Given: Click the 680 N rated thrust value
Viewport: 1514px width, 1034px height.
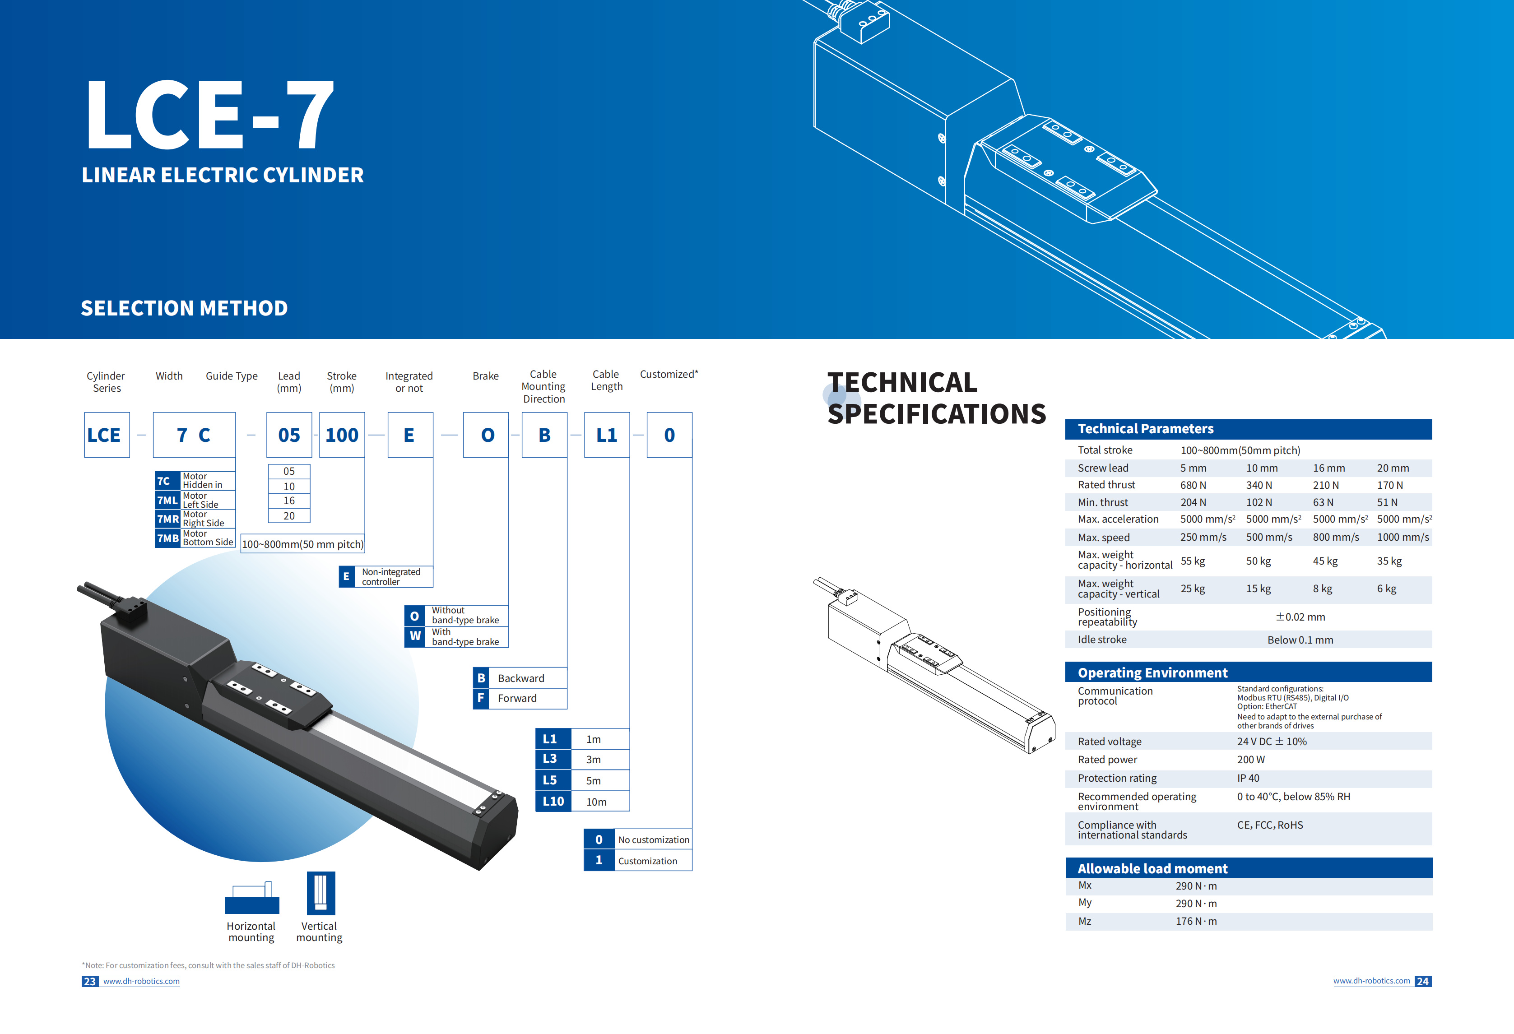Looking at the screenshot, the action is pos(1193,485).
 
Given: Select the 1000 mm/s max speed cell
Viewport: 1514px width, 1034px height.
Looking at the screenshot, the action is pos(1403,538).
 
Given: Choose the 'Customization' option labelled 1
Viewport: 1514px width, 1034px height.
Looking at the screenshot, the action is pos(648,861).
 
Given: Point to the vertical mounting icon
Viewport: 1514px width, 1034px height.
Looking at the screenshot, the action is pos(320,893).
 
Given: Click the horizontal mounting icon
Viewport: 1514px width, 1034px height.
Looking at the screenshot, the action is pos(251,898).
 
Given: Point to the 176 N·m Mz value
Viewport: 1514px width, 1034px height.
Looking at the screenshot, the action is pos(1196,921).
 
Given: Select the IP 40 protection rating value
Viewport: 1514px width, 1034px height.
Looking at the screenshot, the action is pos(1248,779).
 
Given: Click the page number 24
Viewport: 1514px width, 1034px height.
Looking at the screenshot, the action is pos(1423,981).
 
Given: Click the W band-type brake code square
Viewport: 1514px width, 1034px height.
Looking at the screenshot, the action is pos(415,636).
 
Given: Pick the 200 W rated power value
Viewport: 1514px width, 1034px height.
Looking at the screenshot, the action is pos(1251,760).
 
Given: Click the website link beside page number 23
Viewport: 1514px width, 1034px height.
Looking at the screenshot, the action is pos(141,981).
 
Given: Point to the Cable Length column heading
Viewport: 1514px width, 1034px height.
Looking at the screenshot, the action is pos(607,380).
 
